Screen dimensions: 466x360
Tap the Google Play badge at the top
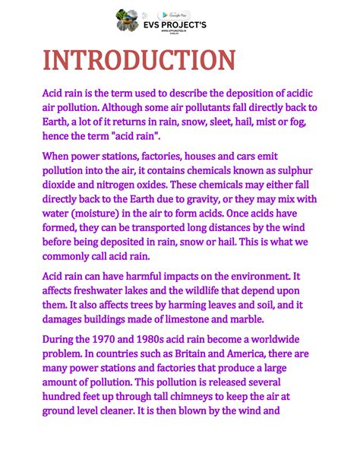pos(175,15)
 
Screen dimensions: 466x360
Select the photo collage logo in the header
pos(127,20)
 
